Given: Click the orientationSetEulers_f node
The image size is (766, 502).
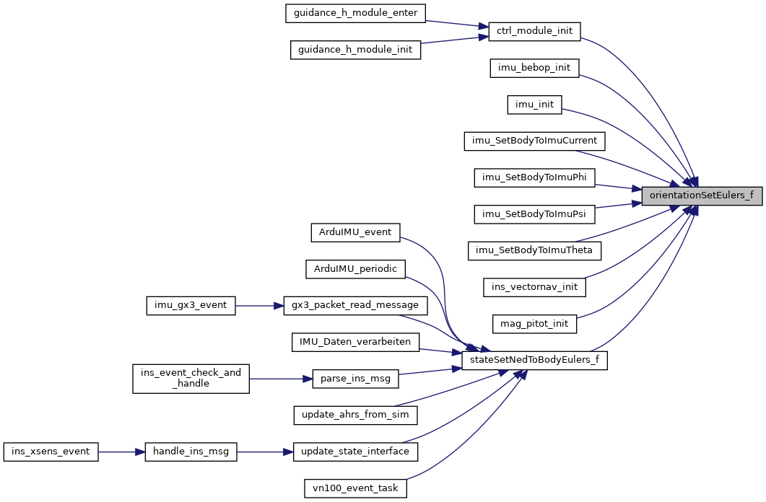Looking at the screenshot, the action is coord(702,195).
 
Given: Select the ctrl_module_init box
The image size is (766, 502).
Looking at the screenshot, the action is coord(534,31).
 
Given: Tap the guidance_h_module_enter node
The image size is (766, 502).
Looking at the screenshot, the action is coord(355,13).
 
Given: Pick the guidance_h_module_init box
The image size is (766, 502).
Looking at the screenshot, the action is coord(355,50).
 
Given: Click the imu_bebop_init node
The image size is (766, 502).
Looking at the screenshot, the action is coord(534,68).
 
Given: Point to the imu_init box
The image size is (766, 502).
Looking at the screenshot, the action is coord(534,105).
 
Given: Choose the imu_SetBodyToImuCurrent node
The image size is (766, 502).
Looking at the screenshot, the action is coord(534,141).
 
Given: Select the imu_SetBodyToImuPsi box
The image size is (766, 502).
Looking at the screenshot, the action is coord(534,214).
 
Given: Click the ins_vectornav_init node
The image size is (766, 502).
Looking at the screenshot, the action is coord(534,287).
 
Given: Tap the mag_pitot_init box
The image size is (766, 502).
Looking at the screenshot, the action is coord(534,324).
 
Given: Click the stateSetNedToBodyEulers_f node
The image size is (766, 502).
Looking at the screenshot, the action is coord(534,361).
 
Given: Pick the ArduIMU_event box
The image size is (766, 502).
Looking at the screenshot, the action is coord(355,232).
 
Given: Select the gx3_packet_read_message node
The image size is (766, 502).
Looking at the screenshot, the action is coord(355,305).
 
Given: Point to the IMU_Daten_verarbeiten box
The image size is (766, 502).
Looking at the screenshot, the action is coord(355,342).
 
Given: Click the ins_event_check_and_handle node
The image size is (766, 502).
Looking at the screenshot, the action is coord(191,379).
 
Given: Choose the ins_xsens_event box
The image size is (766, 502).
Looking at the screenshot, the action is coord(51,452).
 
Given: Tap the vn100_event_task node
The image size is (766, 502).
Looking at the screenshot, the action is coord(355,488).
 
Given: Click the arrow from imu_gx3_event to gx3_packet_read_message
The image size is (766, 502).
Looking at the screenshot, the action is coord(259,306).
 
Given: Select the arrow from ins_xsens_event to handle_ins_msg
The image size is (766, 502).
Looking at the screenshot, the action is coord(121,452).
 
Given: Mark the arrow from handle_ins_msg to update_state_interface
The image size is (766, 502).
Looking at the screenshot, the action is coord(265,452).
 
